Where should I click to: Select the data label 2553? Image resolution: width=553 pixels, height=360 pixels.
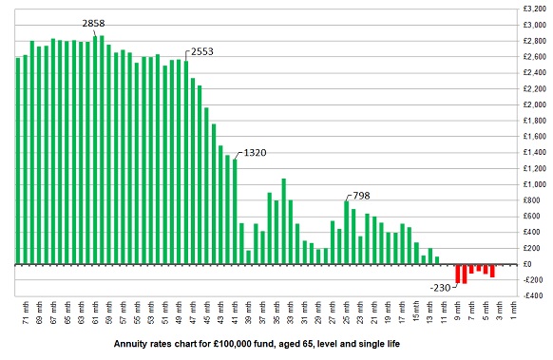[x=202, y=50]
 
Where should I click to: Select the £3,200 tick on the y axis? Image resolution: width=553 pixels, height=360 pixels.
[x=533, y=9]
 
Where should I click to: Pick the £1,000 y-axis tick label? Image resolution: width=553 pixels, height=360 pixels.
[x=533, y=184]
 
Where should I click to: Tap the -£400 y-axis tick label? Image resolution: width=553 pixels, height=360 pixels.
[x=533, y=296]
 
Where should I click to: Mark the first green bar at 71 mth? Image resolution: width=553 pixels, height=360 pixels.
[x=18, y=161]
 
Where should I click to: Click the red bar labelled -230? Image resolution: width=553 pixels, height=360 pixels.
[x=457, y=274]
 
